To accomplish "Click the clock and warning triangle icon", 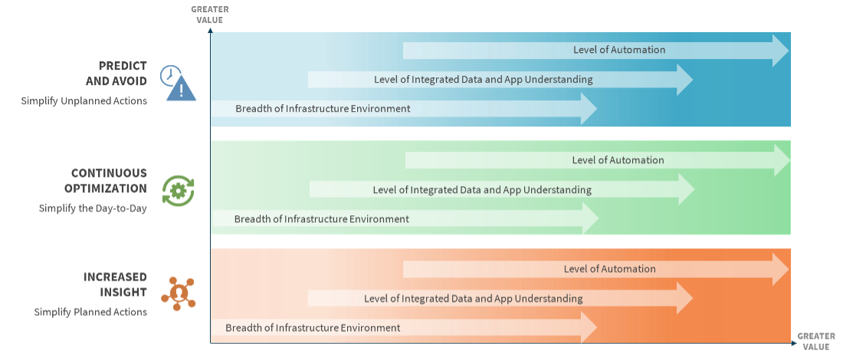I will point(178,83).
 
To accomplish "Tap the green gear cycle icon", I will point(178,191).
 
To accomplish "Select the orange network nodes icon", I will point(178,293).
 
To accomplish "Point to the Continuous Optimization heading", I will point(109,181).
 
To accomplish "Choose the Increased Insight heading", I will point(115,284).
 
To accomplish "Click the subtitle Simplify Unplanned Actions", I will point(84,101).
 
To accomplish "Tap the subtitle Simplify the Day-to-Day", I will point(93,208).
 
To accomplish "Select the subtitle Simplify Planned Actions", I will point(90,312).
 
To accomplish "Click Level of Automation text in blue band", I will point(619,50).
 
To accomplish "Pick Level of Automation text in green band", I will point(618,160).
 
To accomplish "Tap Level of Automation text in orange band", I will point(610,269).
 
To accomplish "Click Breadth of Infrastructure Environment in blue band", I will point(323,109).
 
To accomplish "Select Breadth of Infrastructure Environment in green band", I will point(322,219).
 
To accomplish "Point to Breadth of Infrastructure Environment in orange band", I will point(313,328).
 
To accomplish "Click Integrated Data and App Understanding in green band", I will point(482,190).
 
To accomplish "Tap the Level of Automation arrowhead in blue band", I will point(780,51).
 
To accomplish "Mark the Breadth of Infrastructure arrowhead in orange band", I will point(589,328).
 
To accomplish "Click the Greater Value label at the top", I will point(209,15).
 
